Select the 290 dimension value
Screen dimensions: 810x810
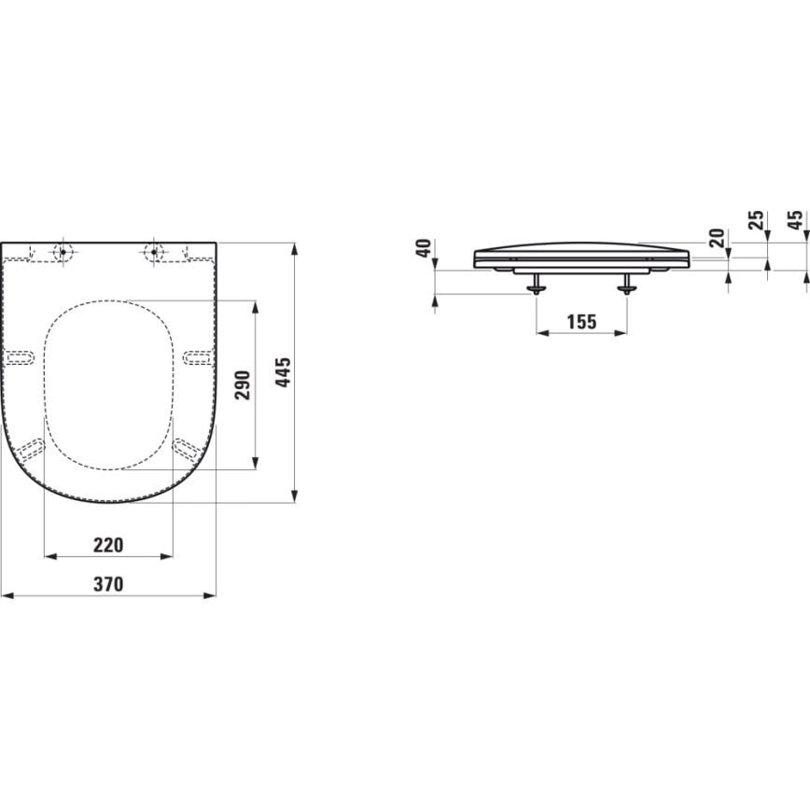(243, 384)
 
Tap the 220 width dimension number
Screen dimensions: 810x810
(108, 544)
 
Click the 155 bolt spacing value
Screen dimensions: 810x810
(580, 322)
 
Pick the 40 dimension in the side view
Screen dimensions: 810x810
(424, 249)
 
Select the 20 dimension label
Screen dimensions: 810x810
(716, 237)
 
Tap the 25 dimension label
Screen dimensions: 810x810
(756, 220)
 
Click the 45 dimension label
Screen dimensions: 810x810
(794, 220)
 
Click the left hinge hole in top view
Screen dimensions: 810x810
(63, 250)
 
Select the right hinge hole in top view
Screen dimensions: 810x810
(153, 250)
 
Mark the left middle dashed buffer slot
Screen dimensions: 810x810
(20, 356)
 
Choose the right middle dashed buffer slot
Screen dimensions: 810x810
(197, 356)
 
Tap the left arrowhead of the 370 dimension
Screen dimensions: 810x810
(6, 594)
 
